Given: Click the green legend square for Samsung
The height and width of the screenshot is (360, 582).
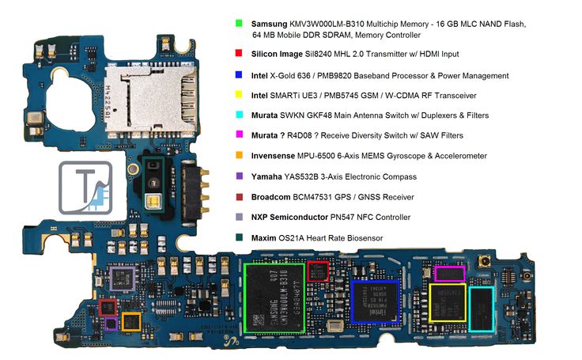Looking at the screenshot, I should (x=239, y=25).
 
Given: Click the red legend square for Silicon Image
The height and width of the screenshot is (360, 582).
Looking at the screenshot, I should (x=239, y=55).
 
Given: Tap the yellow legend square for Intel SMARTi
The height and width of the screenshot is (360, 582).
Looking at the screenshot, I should (x=239, y=96).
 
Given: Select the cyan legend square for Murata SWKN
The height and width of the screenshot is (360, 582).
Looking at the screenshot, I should (x=239, y=116).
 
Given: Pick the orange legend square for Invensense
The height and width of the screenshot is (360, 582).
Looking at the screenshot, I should (x=239, y=157).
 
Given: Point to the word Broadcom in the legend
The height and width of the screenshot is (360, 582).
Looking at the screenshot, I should (x=274, y=197).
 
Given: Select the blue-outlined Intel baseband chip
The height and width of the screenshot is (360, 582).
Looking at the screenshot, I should (x=375, y=301).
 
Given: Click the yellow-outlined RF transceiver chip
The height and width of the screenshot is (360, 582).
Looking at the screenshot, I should (x=448, y=301).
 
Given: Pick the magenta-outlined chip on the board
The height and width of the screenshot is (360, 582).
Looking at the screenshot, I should (x=449, y=274).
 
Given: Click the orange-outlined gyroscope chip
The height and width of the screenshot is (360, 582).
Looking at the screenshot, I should (x=131, y=321).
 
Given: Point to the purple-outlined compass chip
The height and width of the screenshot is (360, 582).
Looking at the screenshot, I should (x=111, y=323).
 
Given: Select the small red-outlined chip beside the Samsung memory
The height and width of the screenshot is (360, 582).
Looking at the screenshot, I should (x=318, y=271).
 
